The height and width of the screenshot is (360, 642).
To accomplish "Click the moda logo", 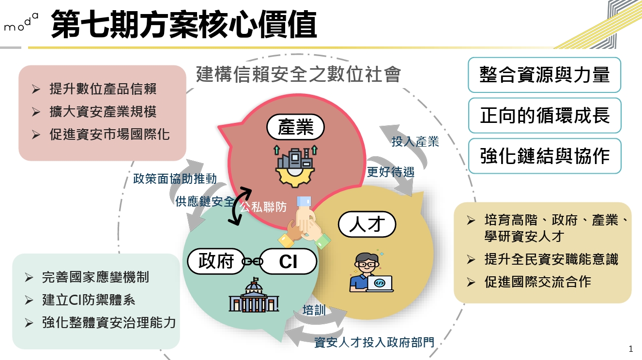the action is point(21,22).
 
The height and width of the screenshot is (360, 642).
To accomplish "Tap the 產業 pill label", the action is point(295,127).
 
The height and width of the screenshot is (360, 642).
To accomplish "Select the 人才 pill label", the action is point(367,224).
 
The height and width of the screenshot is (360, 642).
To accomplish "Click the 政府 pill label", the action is point(216,261).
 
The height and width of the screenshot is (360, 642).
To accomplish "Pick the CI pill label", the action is point(288,261).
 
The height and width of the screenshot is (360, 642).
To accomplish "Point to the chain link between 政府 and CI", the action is point(252,261).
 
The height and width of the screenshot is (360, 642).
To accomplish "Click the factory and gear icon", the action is point(295,166).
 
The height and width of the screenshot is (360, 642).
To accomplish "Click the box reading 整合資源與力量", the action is point(544,75).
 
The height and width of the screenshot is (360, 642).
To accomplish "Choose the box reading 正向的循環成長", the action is point(545,116).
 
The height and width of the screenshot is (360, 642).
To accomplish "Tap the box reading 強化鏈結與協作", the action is point(545,156).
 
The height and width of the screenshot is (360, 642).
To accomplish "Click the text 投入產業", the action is point(415,141).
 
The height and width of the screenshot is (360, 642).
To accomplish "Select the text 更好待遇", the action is point(391,172).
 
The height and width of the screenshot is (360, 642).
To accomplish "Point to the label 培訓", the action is point(314,310).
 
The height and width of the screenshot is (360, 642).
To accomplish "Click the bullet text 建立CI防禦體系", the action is point(89,300).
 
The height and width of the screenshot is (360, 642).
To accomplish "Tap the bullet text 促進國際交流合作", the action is point(538,282).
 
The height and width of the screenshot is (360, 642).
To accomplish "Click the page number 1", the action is point(630,349).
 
